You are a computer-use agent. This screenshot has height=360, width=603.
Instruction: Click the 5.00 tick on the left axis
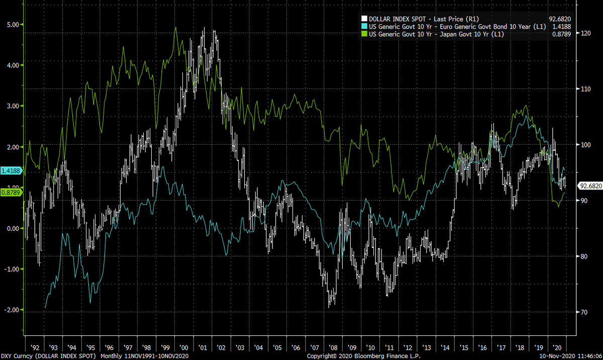point(11,24)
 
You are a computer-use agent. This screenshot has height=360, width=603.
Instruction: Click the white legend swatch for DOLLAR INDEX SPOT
point(364,19)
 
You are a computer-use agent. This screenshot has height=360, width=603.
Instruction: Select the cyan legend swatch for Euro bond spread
point(364,27)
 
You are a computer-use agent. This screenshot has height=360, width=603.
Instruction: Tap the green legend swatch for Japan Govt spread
point(364,34)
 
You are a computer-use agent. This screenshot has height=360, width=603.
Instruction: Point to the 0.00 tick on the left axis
point(11,228)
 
